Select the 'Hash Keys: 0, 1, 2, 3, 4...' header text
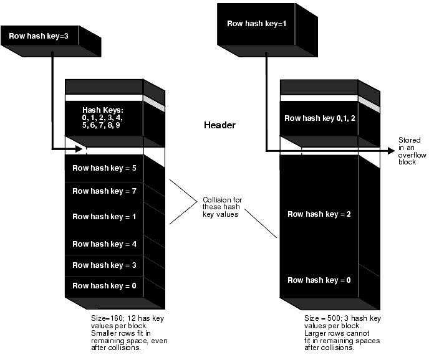(x=103, y=118)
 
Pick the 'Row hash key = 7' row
(x=104, y=191)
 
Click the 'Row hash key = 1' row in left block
(x=104, y=217)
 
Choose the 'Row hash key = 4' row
(x=104, y=242)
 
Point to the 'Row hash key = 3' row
(x=104, y=265)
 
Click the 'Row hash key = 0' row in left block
(x=104, y=286)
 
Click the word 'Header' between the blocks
(x=219, y=125)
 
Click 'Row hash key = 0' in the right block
(x=318, y=280)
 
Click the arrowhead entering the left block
(x=79, y=149)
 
